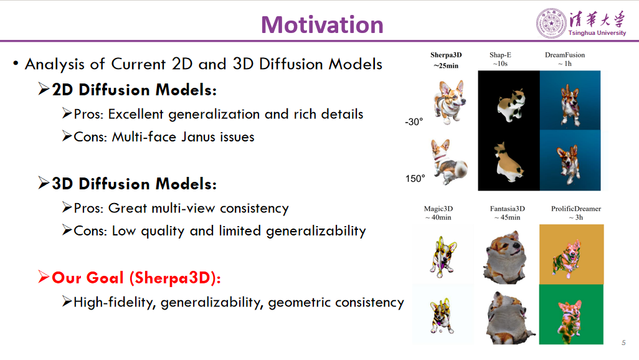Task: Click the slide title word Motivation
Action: click(322, 25)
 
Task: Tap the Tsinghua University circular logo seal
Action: click(552, 23)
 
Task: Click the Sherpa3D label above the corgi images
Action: click(446, 55)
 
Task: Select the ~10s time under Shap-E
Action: click(499, 64)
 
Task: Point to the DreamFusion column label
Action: click(565, 55)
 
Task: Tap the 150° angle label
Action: click(415, 179)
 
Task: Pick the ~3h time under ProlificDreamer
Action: click(575, 217)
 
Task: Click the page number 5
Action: click(623, 343)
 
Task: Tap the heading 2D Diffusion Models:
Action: click(134, 90)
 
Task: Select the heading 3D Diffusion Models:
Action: click(134, 184)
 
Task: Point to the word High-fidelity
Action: click(115, 303)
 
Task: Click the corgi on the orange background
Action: click(571, 252)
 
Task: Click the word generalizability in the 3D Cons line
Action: click(316, 231)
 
